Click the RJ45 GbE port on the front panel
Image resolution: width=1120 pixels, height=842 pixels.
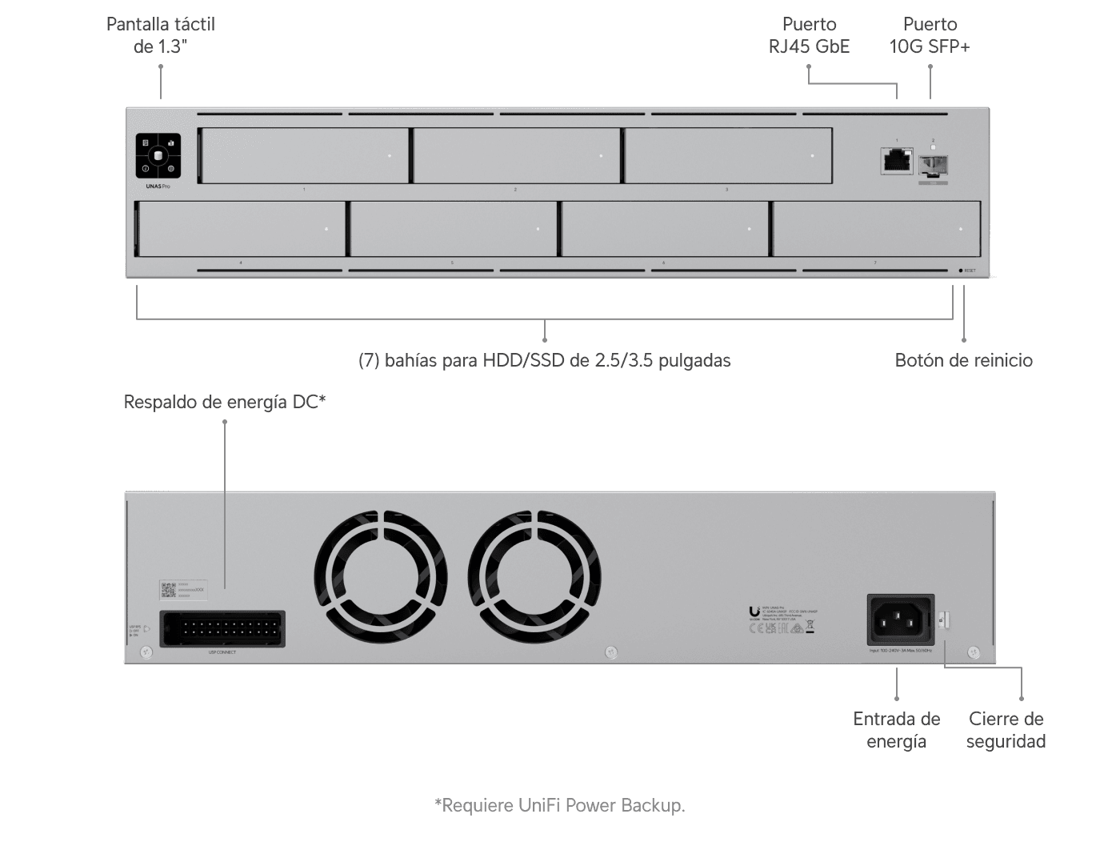[897, 160]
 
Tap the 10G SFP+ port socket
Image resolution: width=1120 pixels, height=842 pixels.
[933, 166]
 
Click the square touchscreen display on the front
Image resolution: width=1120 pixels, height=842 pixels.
[158, 155]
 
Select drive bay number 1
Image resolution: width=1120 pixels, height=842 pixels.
[304, 155]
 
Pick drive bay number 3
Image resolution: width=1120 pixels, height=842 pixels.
[728, 155]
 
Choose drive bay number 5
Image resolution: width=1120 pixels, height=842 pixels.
[454, 229]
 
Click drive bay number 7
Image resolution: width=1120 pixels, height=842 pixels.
[876, 229]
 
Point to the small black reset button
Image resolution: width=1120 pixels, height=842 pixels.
[961, 271]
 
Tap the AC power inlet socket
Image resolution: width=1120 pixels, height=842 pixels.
[901, 619]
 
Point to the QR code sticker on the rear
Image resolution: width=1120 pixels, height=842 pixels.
[168, 590]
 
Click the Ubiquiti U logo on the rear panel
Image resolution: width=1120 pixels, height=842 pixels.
[754, 612]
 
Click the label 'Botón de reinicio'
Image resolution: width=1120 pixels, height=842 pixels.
[963, 360]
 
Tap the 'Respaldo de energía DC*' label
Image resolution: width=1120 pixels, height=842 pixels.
[224, 402]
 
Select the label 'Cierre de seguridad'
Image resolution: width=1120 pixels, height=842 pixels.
[1006, 730]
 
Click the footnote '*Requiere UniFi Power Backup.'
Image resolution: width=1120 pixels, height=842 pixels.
[559, 805]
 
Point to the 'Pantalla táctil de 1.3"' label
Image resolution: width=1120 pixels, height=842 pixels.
[160, 35]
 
